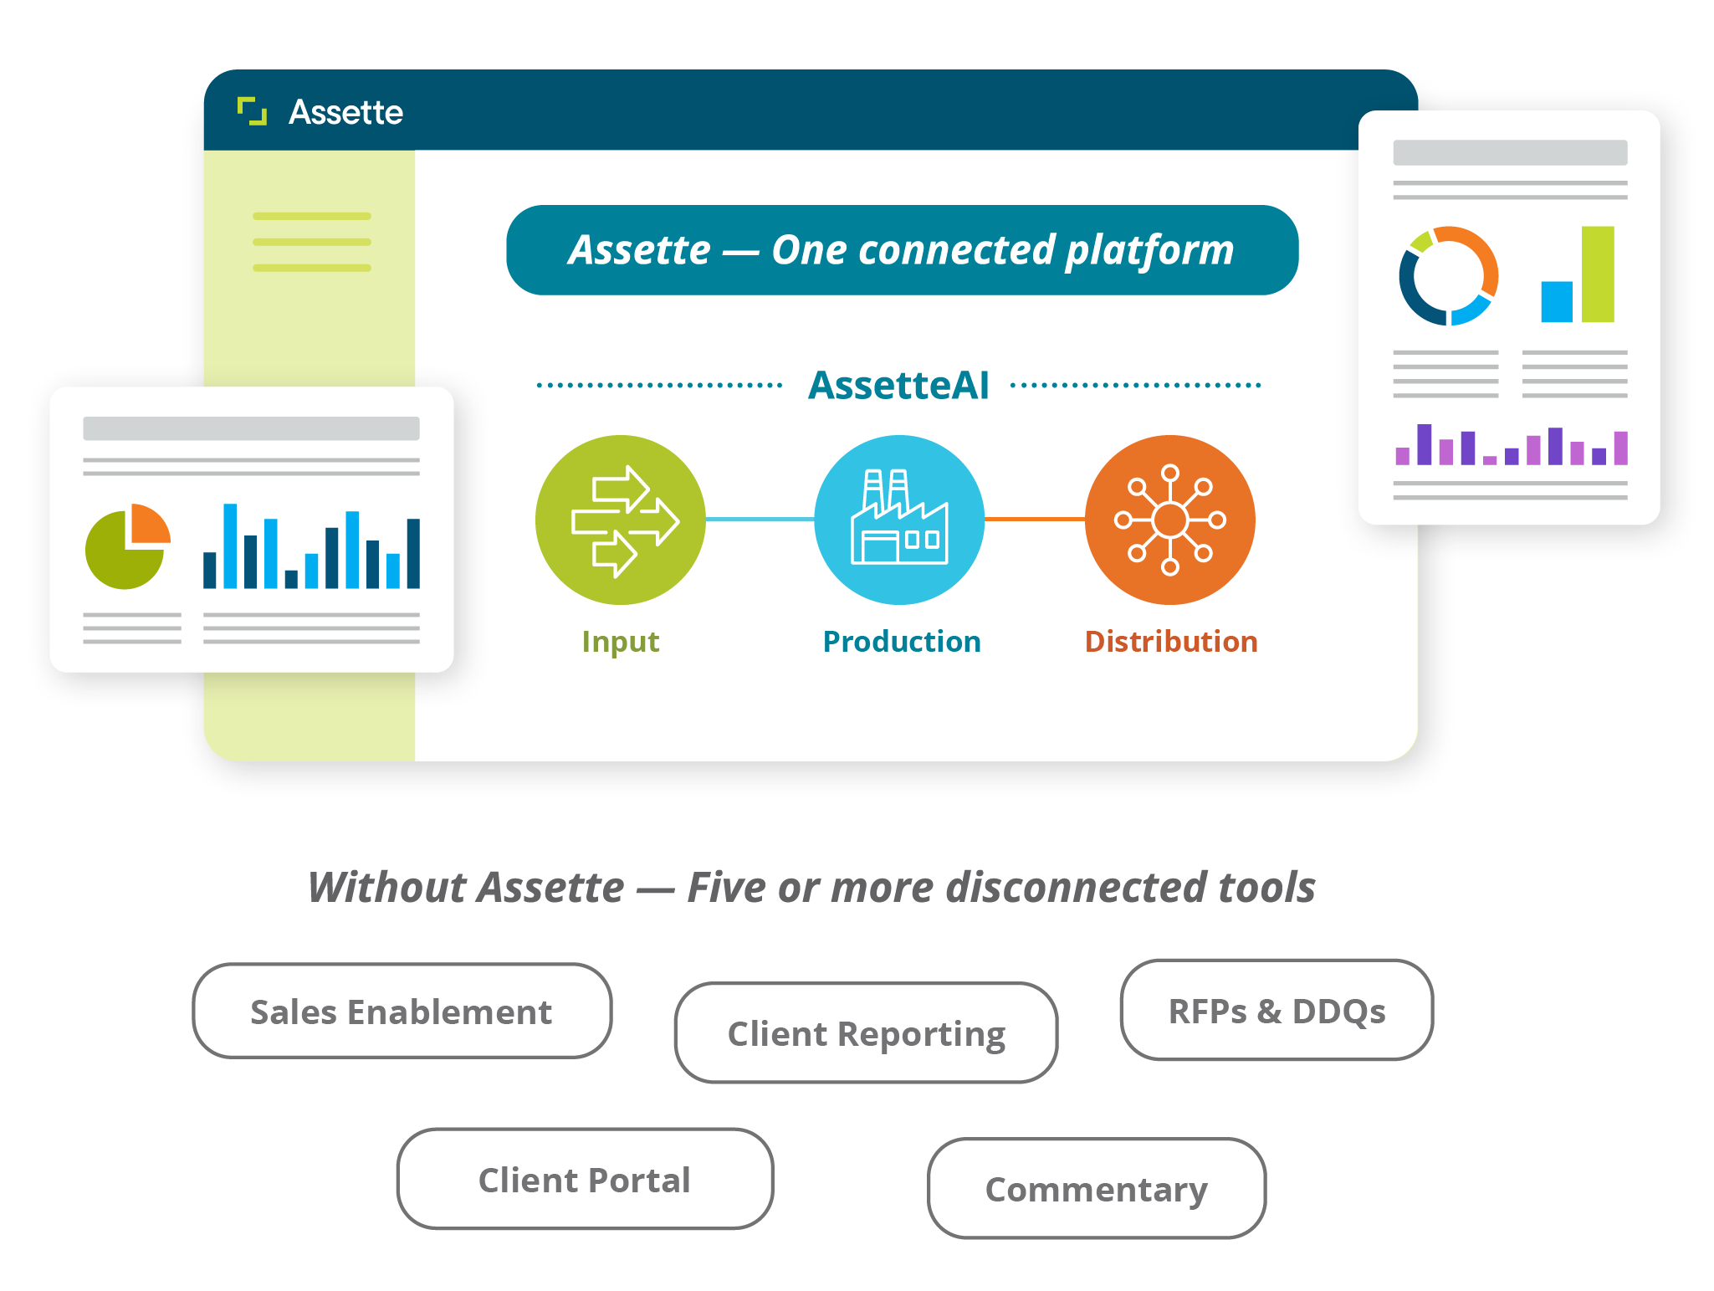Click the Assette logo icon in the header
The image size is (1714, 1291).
tap(252, 111)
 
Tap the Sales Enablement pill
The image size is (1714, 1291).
tap(402, 1011)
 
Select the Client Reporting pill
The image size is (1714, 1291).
tap(866, 1032)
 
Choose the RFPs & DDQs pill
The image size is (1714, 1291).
tap(1277, 1010)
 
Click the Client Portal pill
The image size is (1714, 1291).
tap(585, 1179)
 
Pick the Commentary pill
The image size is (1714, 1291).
tap(1097, 1188)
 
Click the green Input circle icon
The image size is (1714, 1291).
tap(621, 520)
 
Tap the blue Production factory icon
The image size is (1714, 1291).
tap(899, 520)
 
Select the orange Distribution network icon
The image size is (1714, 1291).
tap(1170, 520)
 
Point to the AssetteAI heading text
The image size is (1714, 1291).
tap(898, 386)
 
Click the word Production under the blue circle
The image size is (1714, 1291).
tap(902, 642)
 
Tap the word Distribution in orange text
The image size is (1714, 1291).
tap(1171, 642)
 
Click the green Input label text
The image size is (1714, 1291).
tap(621, 643)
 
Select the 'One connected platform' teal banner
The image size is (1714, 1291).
tap(903, 250)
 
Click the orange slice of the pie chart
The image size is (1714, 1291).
tap(150, 523)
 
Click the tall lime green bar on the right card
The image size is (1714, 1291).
tap(1598, 274)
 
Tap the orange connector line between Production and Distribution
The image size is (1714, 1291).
tap(1035, 520)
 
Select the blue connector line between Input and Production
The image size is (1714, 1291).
tap(760, 520)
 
